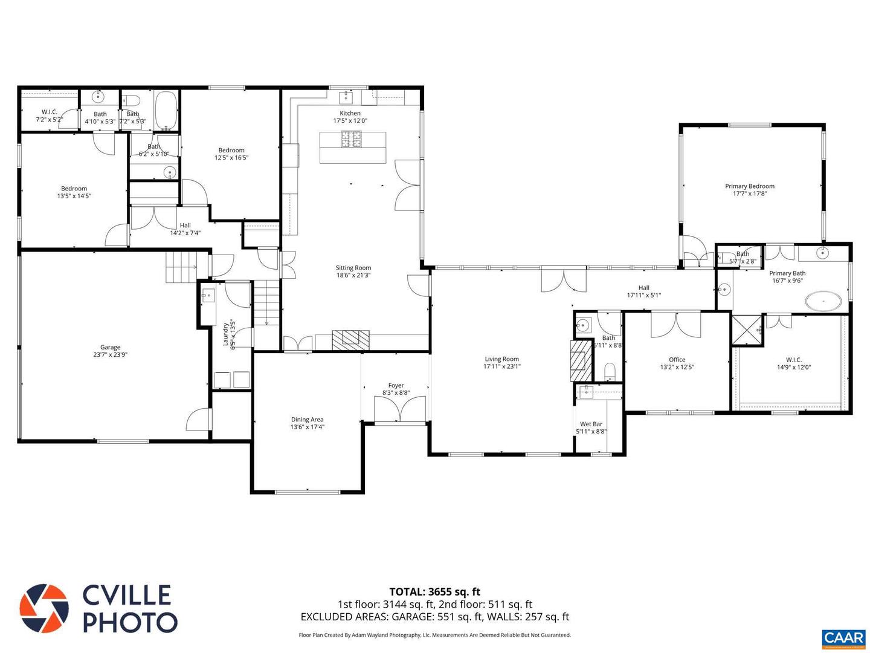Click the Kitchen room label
(x=350, y=113)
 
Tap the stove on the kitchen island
(x=352, y=140)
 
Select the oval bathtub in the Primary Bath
(x=823, y=301)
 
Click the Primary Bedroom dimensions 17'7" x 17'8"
(x=749, y=193)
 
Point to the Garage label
(x=110, y=347)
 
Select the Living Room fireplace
(x=581, y=360)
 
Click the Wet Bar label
(x=591, y=424)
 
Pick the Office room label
(x=677, y=359)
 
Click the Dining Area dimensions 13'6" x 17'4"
(x=307, y=427)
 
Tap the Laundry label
(x=226, y=333)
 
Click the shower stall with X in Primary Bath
(x=747, y=330)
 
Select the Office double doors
(x=675, y=325)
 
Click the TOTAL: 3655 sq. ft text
(x=434, y=591)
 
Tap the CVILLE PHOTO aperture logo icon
(x=44, y=608)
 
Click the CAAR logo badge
(x=843, y=638)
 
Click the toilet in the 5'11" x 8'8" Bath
(x=610, y=369)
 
